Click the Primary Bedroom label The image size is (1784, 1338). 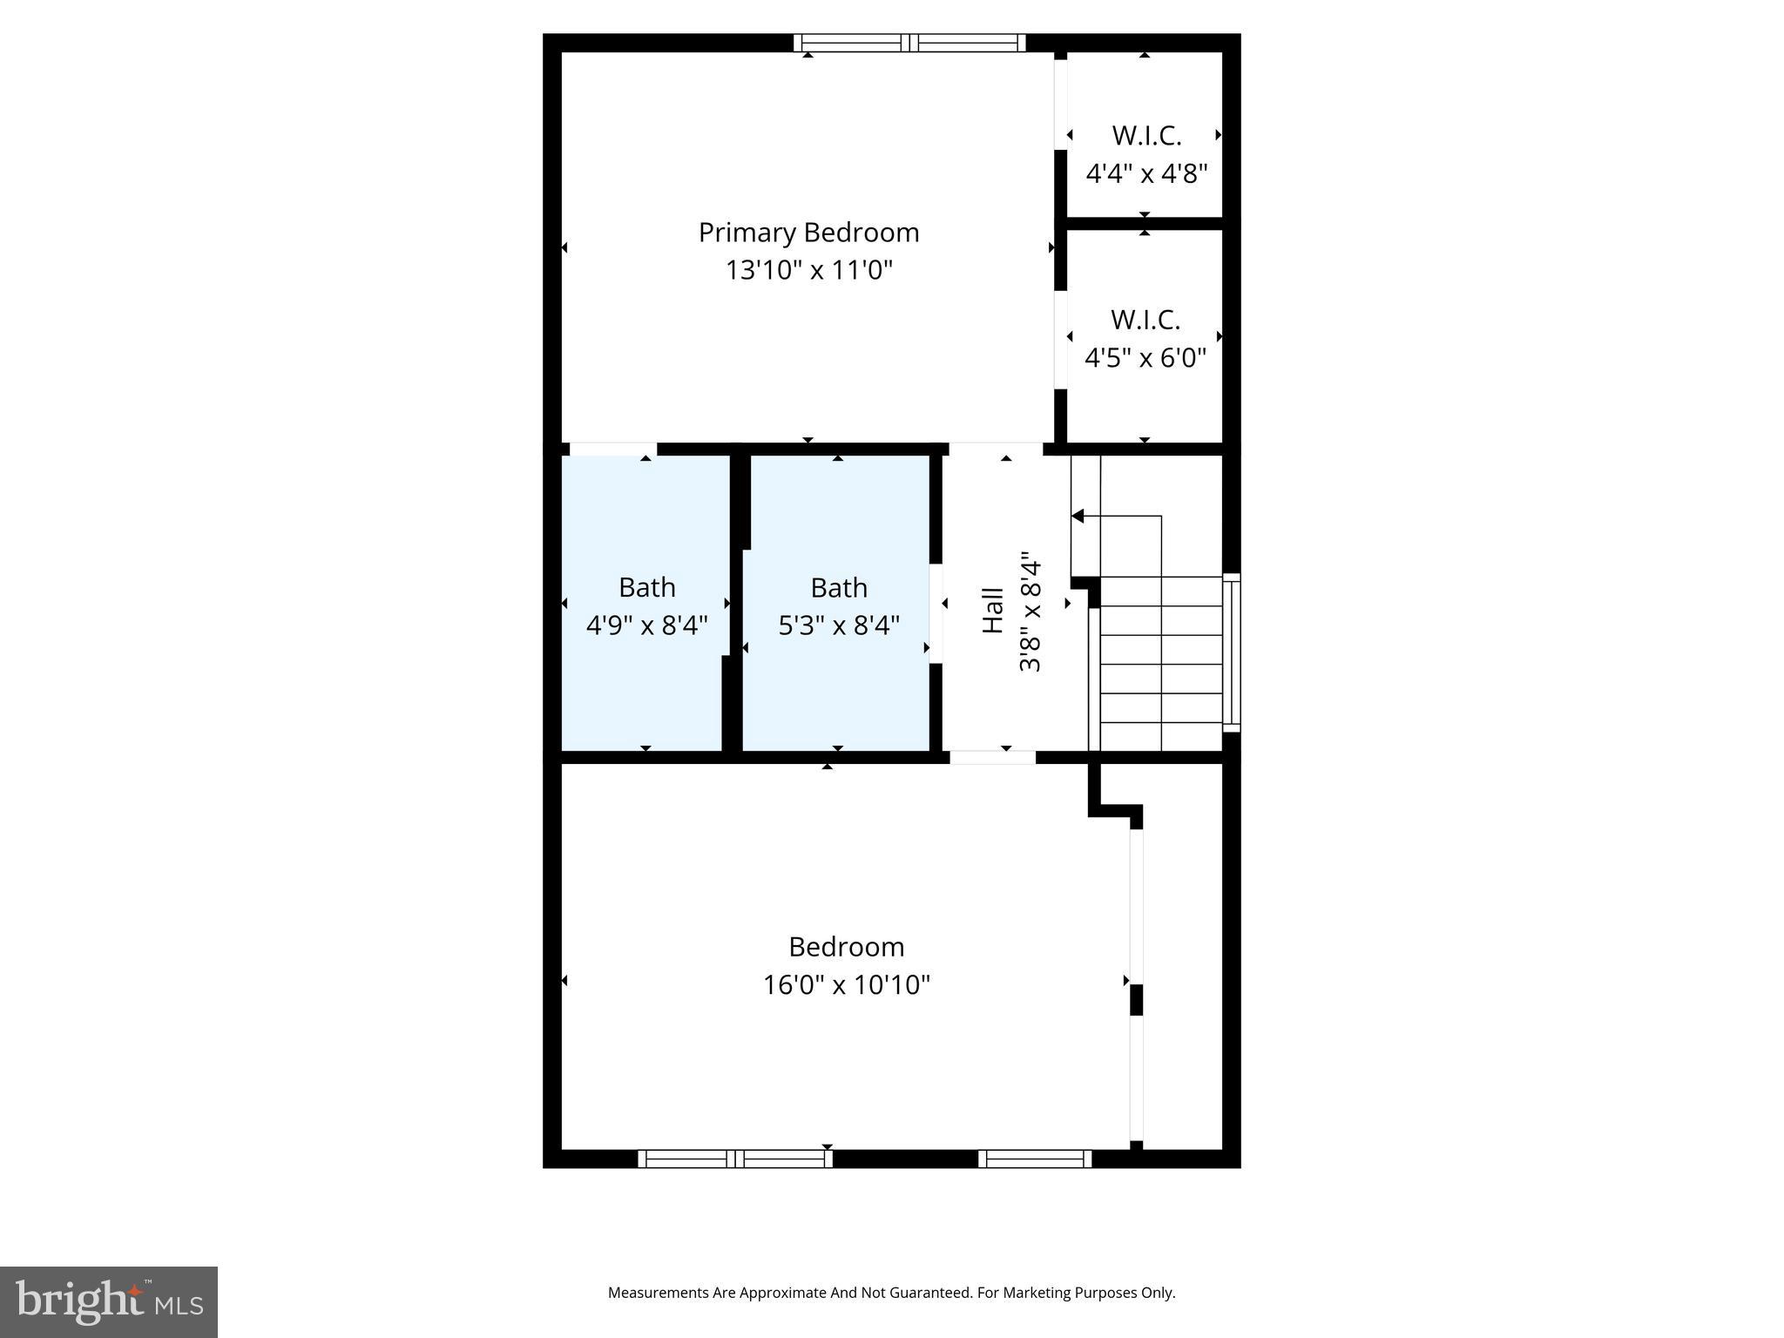point(808,233)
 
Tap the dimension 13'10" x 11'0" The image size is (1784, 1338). point(809,270)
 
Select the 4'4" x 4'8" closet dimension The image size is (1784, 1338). point(1146,174)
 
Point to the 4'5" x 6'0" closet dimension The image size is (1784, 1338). point(1145,358)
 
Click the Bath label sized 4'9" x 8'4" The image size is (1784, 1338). point(647,588)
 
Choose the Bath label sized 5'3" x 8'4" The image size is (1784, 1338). point(839,588)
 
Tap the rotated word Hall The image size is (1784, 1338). point(993,610)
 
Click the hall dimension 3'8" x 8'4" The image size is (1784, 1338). point(1031,612)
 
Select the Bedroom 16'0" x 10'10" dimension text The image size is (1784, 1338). point(847,985)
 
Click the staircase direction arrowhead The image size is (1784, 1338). point(1078,517)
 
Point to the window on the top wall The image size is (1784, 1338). point(909,43)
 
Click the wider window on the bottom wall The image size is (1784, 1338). point(735,1159)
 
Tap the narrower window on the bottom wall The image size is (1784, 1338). point(1035,1159)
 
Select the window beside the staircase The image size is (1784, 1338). point(1232,652)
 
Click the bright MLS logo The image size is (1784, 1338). point(109,1302)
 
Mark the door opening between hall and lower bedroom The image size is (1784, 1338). point(992,757)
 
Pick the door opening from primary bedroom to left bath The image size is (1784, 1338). point(612,449)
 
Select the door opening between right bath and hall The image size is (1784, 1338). point(936,614)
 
